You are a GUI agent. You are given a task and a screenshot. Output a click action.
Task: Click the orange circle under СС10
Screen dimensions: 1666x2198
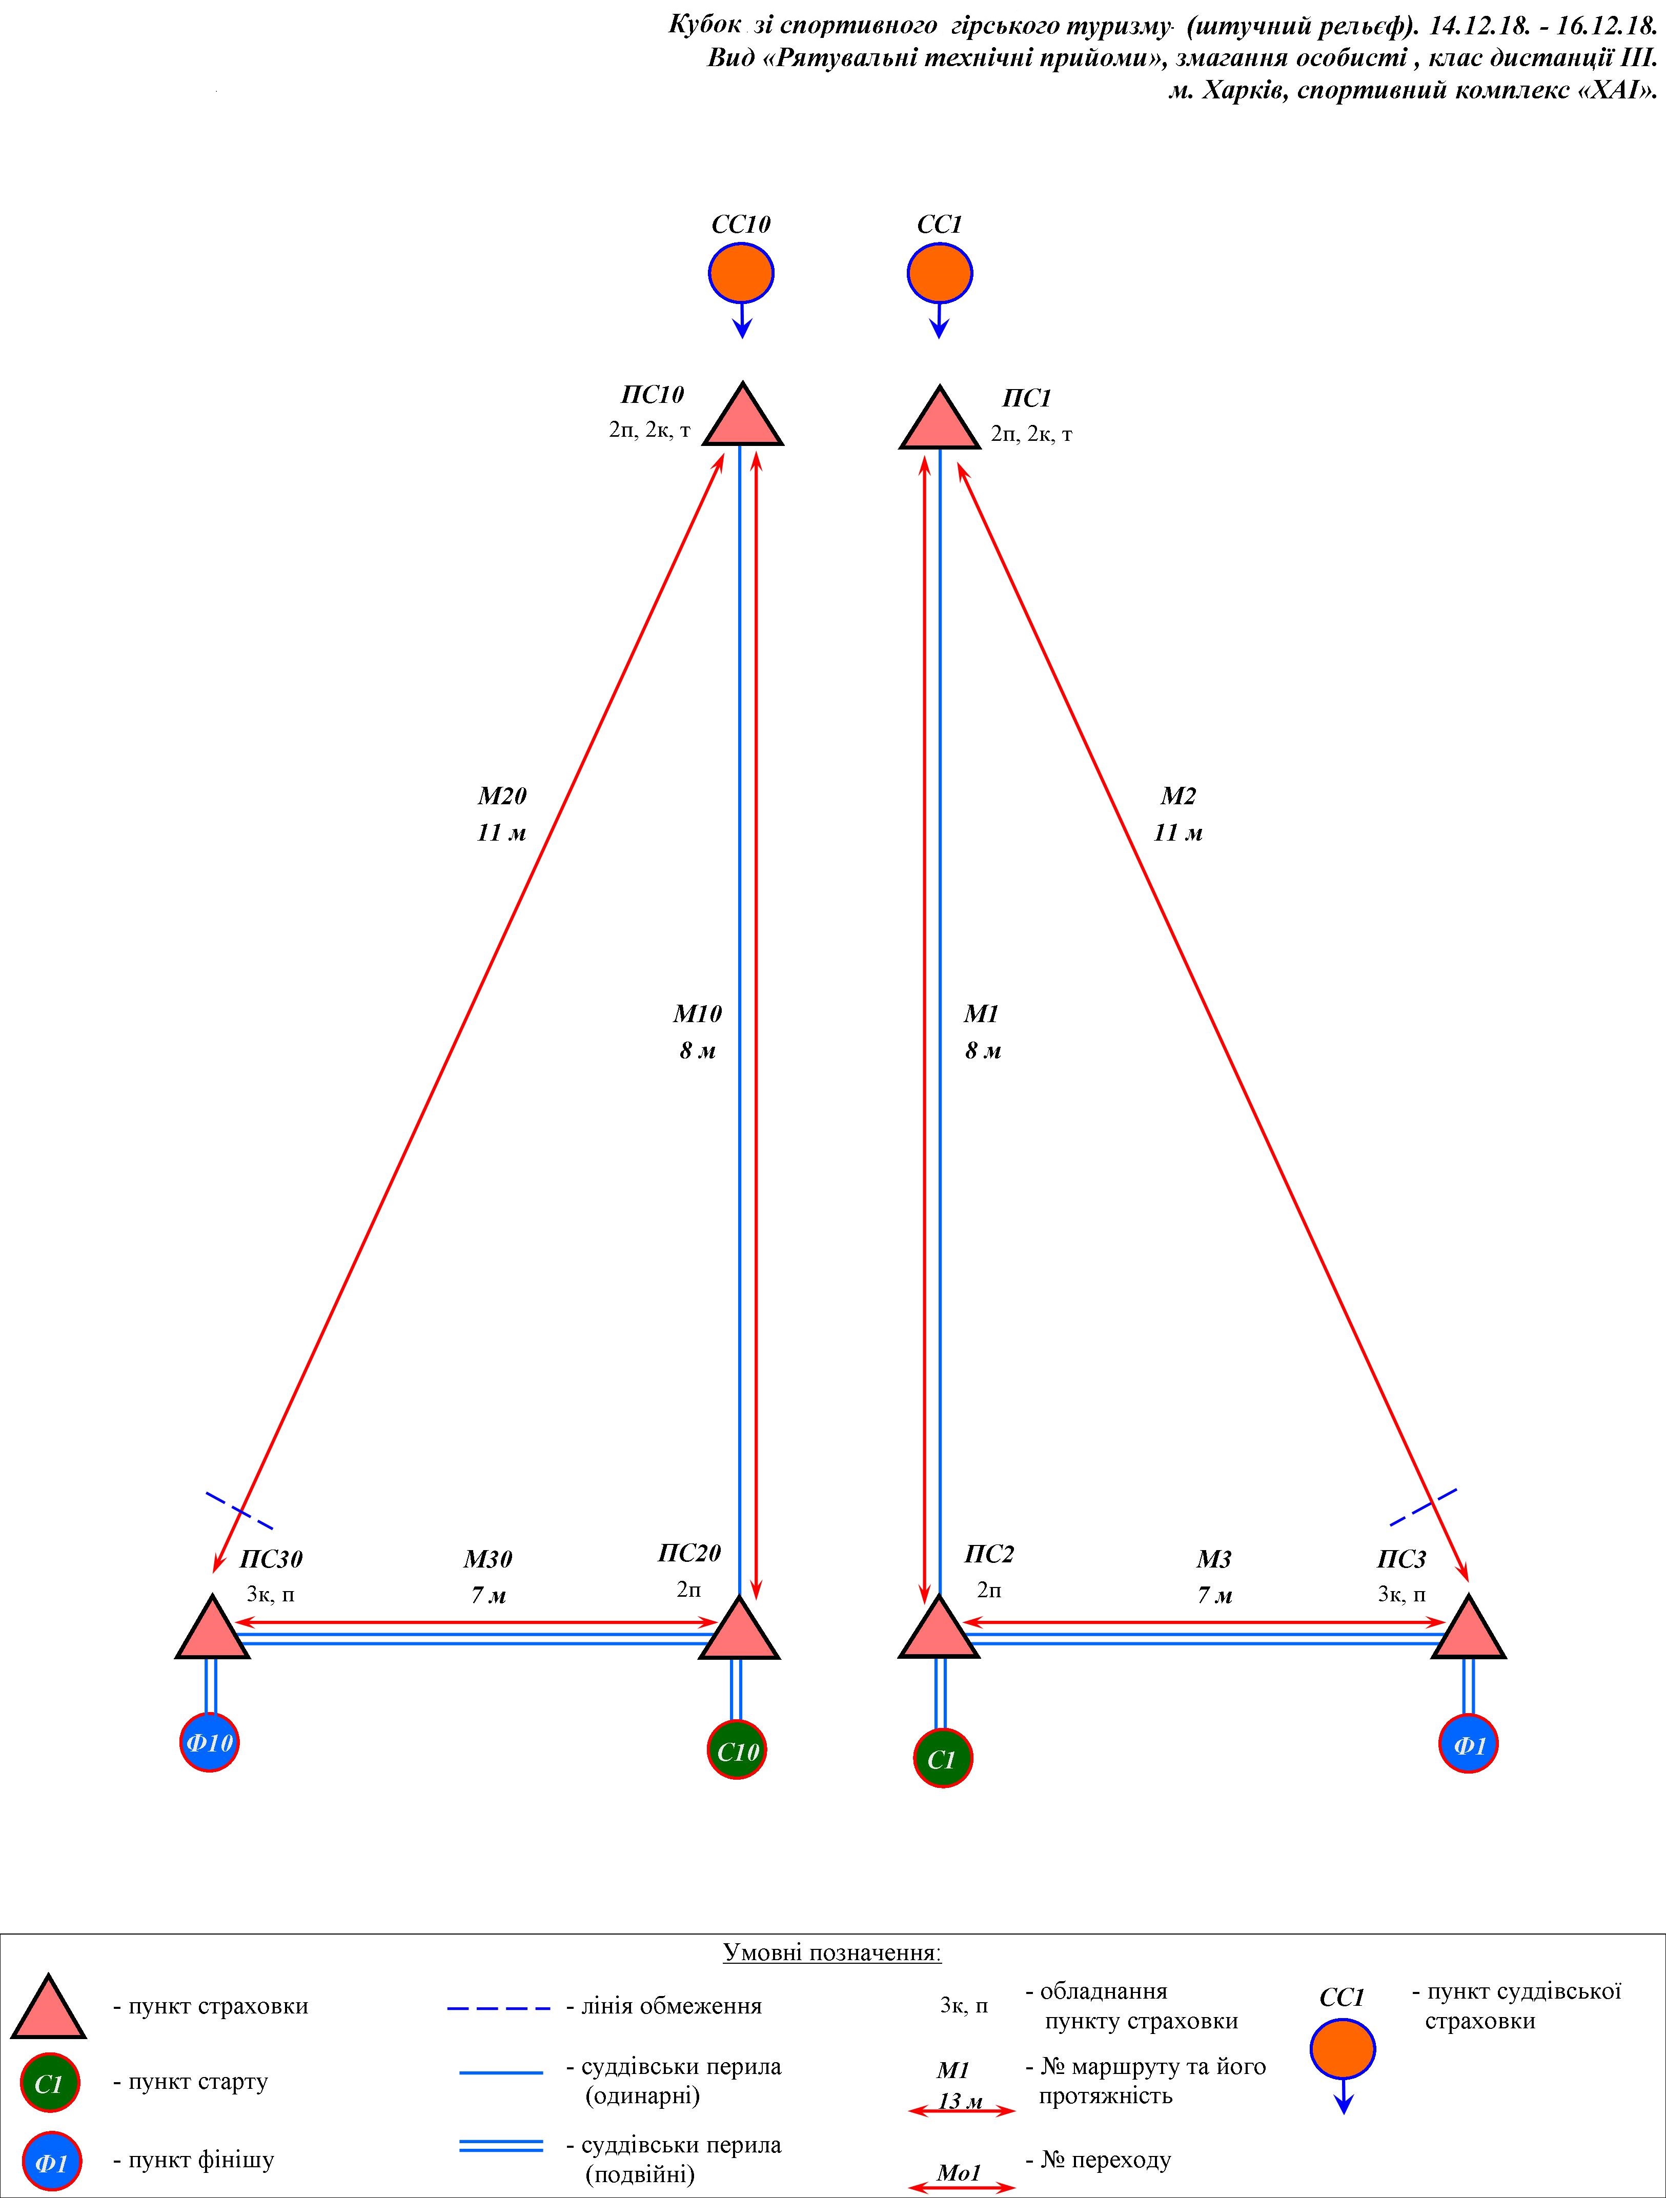[741, 272]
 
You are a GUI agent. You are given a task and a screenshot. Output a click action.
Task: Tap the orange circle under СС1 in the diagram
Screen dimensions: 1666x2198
[940, 272]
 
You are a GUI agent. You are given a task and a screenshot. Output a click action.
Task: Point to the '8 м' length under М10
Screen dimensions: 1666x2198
[697, 1050]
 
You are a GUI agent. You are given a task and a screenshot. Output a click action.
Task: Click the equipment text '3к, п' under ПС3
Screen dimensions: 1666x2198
[1401, 1594]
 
